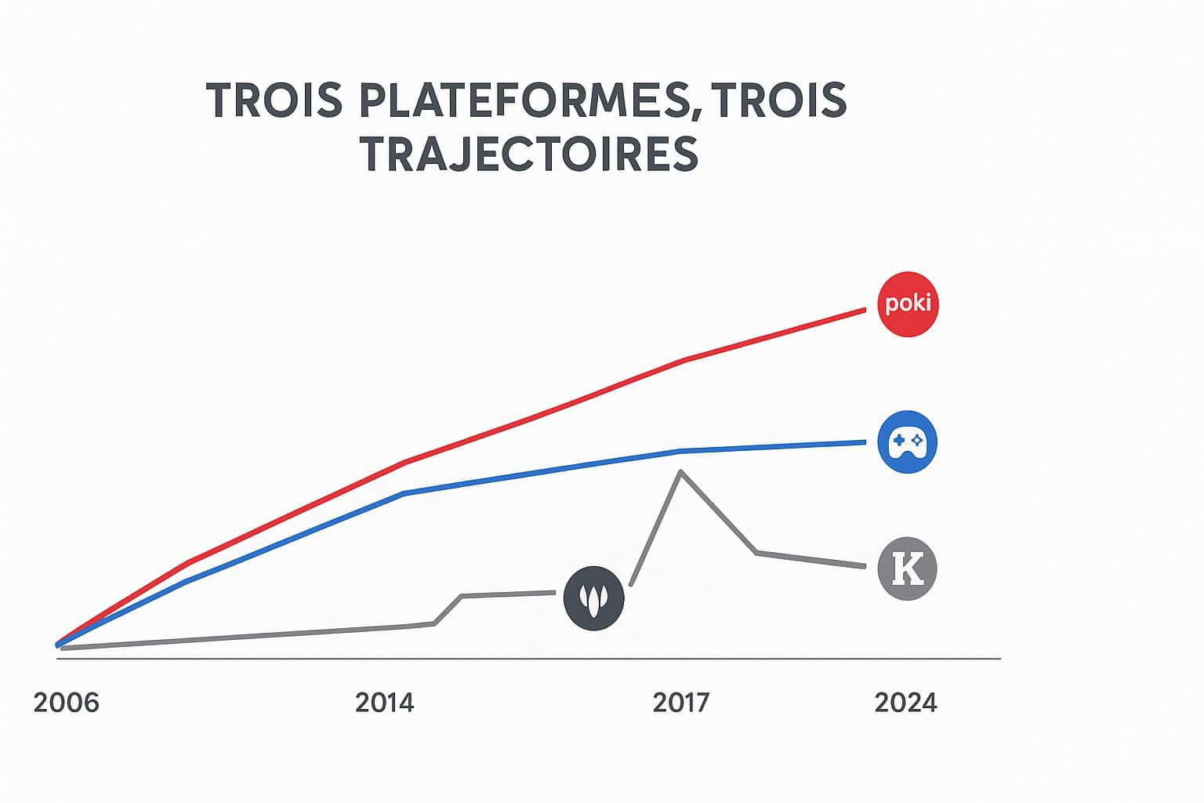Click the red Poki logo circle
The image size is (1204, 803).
coord(908,304)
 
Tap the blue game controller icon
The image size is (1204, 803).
coord(908,442)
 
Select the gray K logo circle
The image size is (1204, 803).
coord(908,569)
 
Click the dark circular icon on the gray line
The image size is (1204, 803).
coord(594,598)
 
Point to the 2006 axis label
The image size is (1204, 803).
coord(67,703)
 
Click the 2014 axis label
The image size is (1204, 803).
coord(384,703)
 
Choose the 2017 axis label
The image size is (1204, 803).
coord(680,703)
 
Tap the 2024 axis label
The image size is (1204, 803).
coord(905,703)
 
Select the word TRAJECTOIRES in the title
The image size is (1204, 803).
coord(530,154)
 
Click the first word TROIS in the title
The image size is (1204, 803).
coord(274,101)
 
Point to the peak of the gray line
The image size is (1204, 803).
coord(680,471)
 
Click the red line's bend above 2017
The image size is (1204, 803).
coord(684,361)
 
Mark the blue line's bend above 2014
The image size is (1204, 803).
coord(403,493)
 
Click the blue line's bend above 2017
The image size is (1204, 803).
coord(679,451)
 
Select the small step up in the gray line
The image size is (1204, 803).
coord(448,610)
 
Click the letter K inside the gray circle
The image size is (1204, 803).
coord(908,569)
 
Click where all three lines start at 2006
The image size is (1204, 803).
coord(59,645)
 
